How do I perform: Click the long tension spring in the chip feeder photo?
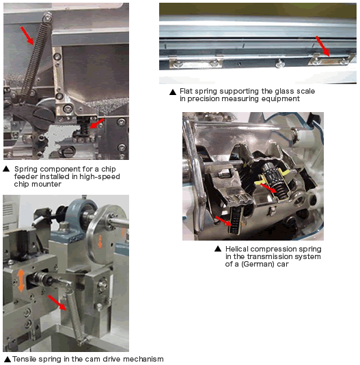coord(36,57)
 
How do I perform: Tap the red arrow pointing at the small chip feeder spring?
coord(97,123)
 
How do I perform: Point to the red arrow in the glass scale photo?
coord(322,46)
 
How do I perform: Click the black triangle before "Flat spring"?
coord(173,92)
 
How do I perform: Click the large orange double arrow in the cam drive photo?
coord(21,280)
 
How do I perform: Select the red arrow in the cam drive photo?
coord(57,303)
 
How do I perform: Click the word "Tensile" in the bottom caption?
coord(24,359)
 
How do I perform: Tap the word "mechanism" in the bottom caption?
coord(143,359)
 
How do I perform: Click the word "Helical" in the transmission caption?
coord(236,249)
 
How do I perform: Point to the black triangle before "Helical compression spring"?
coord(218,249)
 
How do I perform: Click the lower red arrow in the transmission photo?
coord(223,221)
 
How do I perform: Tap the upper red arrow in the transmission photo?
coord(268,188)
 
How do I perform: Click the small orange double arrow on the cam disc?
coord(100,241)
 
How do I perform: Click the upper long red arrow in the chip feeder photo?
coord(27,36)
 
